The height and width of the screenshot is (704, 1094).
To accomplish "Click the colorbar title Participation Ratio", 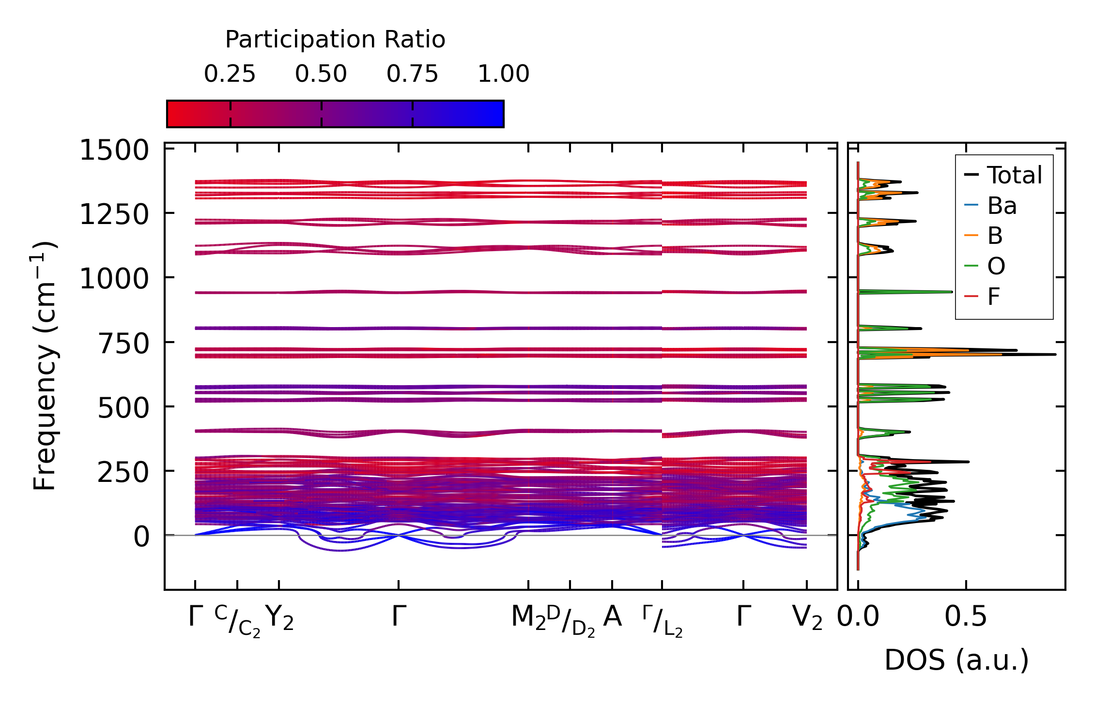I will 335,40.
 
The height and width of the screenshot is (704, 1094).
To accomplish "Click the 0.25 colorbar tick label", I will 230,75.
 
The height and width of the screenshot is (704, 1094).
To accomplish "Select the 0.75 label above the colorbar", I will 412,75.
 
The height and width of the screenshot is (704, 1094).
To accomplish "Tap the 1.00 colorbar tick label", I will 503,75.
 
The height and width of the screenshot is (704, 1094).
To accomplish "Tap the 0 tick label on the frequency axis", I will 141,537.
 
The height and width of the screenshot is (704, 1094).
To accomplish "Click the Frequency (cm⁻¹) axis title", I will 45,366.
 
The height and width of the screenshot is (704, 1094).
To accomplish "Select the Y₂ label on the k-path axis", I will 279,618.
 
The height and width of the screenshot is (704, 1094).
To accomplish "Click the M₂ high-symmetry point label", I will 528,618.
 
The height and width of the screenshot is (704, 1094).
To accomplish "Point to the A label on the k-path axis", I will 612,617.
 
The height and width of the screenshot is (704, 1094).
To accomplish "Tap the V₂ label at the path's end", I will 807,618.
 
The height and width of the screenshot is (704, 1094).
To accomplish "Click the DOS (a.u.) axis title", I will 956,660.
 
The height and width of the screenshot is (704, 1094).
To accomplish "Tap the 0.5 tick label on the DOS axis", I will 966,617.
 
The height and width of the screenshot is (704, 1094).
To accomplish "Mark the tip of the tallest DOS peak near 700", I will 1055,355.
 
